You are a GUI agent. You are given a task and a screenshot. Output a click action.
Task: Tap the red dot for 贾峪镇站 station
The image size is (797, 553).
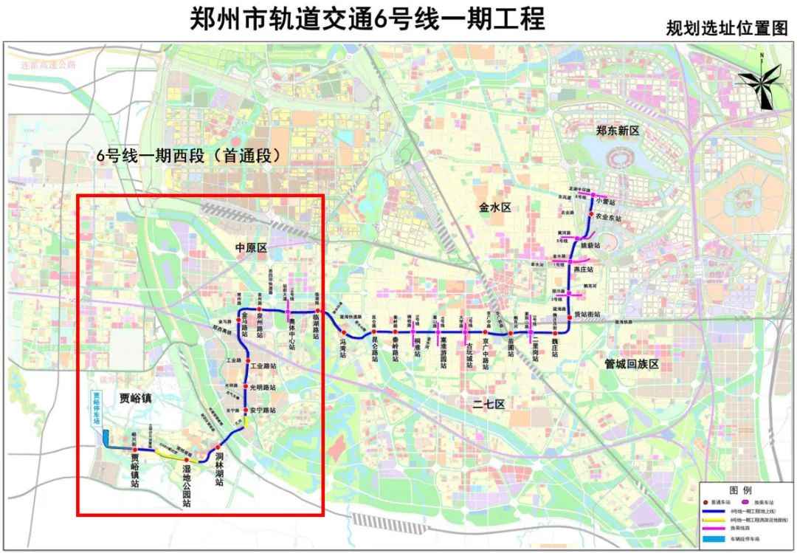point(134,449)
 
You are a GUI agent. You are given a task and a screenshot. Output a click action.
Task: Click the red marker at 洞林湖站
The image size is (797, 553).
point(218,447)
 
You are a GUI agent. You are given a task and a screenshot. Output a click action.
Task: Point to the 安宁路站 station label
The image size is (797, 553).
point(263,410)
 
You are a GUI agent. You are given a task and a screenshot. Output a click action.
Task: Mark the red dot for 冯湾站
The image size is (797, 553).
point(343,334)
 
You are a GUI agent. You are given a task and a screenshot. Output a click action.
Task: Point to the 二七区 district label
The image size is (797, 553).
point(489,404)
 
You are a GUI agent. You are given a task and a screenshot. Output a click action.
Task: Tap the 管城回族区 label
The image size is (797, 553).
point(630,365)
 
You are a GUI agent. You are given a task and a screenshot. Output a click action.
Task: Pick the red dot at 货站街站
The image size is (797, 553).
point(569,314)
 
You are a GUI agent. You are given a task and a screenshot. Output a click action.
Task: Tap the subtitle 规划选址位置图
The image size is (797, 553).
point(727,29)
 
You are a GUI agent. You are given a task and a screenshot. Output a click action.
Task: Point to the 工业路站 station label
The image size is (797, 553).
point(263,366)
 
